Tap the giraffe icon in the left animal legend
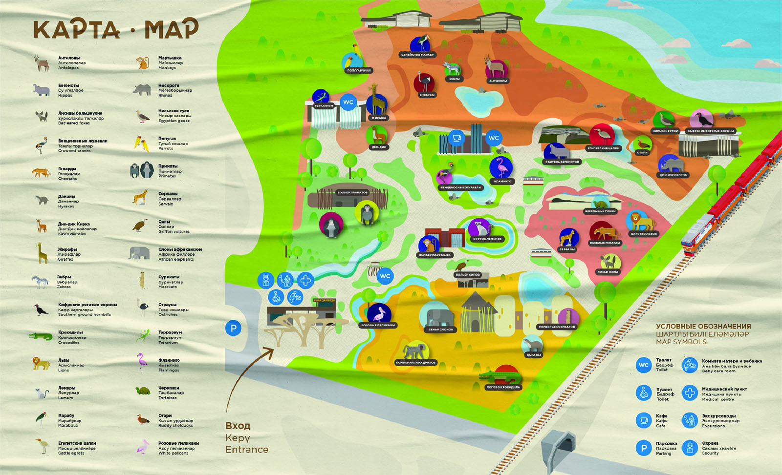point(41,253)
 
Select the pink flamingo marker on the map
point(501,167)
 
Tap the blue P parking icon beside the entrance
point(233,329)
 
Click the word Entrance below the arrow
point(247,450)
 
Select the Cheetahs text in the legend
point(67,179)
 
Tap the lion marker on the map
point(639,222)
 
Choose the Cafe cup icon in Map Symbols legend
point(644,420)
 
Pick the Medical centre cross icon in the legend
point(690,392)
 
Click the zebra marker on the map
point(452,68)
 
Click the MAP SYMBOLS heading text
point(681,342)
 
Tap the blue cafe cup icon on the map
point(456,138)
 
